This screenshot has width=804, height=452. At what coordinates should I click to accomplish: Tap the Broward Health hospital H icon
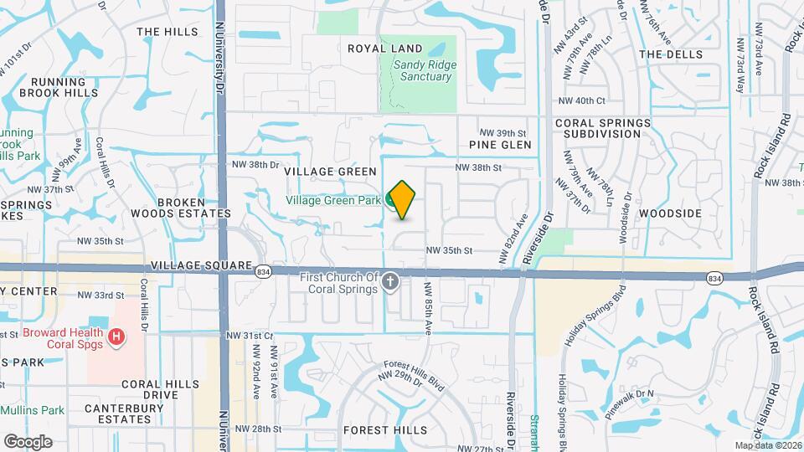(116, 337)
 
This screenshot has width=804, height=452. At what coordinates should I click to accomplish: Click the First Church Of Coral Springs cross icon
(389, 285)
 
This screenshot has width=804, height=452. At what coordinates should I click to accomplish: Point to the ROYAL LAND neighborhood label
(385, 49)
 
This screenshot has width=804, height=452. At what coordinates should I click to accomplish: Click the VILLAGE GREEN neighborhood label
(330, 172)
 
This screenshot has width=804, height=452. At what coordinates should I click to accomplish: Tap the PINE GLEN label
(500, 145)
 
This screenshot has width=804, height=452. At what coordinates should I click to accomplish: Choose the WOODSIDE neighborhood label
(670, 213)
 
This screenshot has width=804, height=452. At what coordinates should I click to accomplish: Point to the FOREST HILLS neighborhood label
(385, 430)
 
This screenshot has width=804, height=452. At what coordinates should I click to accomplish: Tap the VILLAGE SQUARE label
(202, 265)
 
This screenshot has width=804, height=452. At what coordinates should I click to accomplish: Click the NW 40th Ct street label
(581, 100)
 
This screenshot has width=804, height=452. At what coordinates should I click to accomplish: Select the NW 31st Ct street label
(250, 336)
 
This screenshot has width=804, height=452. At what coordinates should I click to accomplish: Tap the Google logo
(28, 441)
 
